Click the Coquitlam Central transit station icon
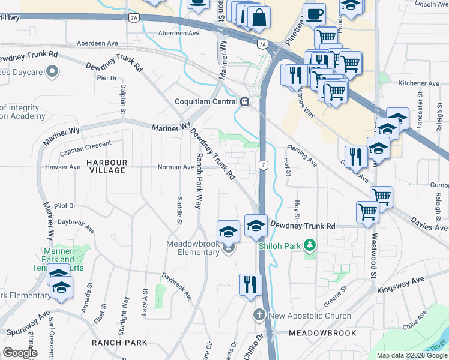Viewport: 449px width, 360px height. point(245,101)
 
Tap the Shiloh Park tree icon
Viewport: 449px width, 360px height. point(310,245)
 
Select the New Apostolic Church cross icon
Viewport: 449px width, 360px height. point(259,315)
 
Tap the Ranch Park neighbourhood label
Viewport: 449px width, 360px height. point(119,343)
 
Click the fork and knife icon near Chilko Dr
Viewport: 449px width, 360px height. point(250,284)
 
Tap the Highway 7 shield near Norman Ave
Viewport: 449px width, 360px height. point(263,164)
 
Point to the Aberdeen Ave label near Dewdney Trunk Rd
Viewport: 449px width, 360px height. point(98,43)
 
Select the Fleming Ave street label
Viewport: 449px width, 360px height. point(302,154)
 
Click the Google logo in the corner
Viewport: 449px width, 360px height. point(20,353)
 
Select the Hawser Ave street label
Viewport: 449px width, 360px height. point(62,167)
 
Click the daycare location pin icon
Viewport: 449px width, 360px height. point(52,72)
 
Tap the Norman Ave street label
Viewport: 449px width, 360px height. point(175,167)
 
